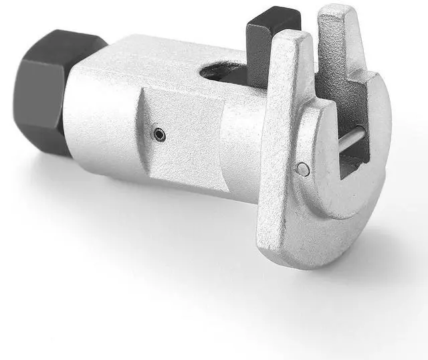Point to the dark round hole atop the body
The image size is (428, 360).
(224, 72)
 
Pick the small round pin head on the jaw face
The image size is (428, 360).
(302, 169)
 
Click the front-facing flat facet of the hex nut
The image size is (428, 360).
(33, 100)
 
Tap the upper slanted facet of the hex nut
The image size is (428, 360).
(67, 43)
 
